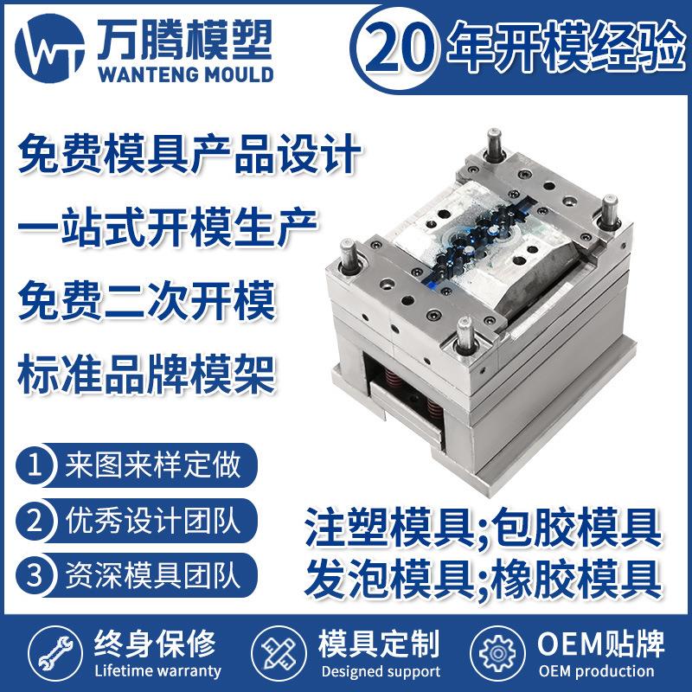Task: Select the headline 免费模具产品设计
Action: coord(189,158)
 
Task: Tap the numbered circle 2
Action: coord(35,520)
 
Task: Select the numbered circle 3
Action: coord(35,573)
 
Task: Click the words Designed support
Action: coord(380,671)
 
